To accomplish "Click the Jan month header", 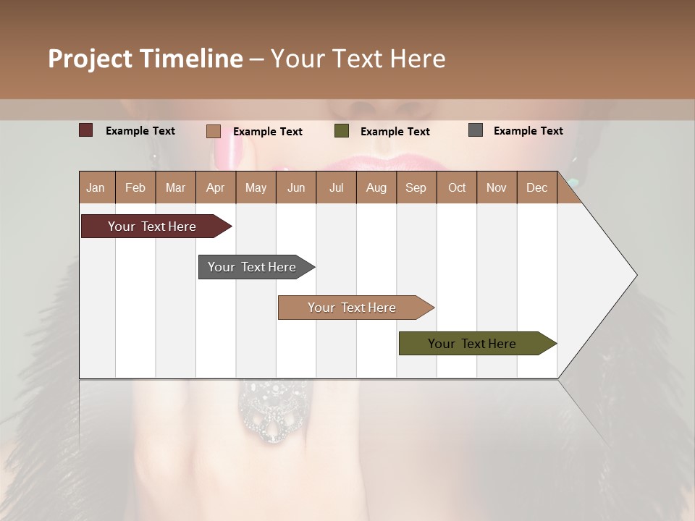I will [96, 187].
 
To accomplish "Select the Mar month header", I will [175, 187].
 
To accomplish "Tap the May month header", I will [256, 187].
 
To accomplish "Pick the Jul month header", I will [336, 187].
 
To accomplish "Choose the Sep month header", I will [416, 187].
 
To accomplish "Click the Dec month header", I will [536, 187].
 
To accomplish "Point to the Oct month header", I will [457, 187].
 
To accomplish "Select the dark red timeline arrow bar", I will [153, 226].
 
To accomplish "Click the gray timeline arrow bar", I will [253, 267].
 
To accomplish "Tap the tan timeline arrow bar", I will [353, 308].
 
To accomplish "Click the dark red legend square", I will [85, 130].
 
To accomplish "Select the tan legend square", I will [213, 131].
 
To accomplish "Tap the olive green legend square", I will [342, 131].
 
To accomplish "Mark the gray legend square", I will [476, 130].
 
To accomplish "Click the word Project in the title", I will [90, 59].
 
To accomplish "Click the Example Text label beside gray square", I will [528, 130].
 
